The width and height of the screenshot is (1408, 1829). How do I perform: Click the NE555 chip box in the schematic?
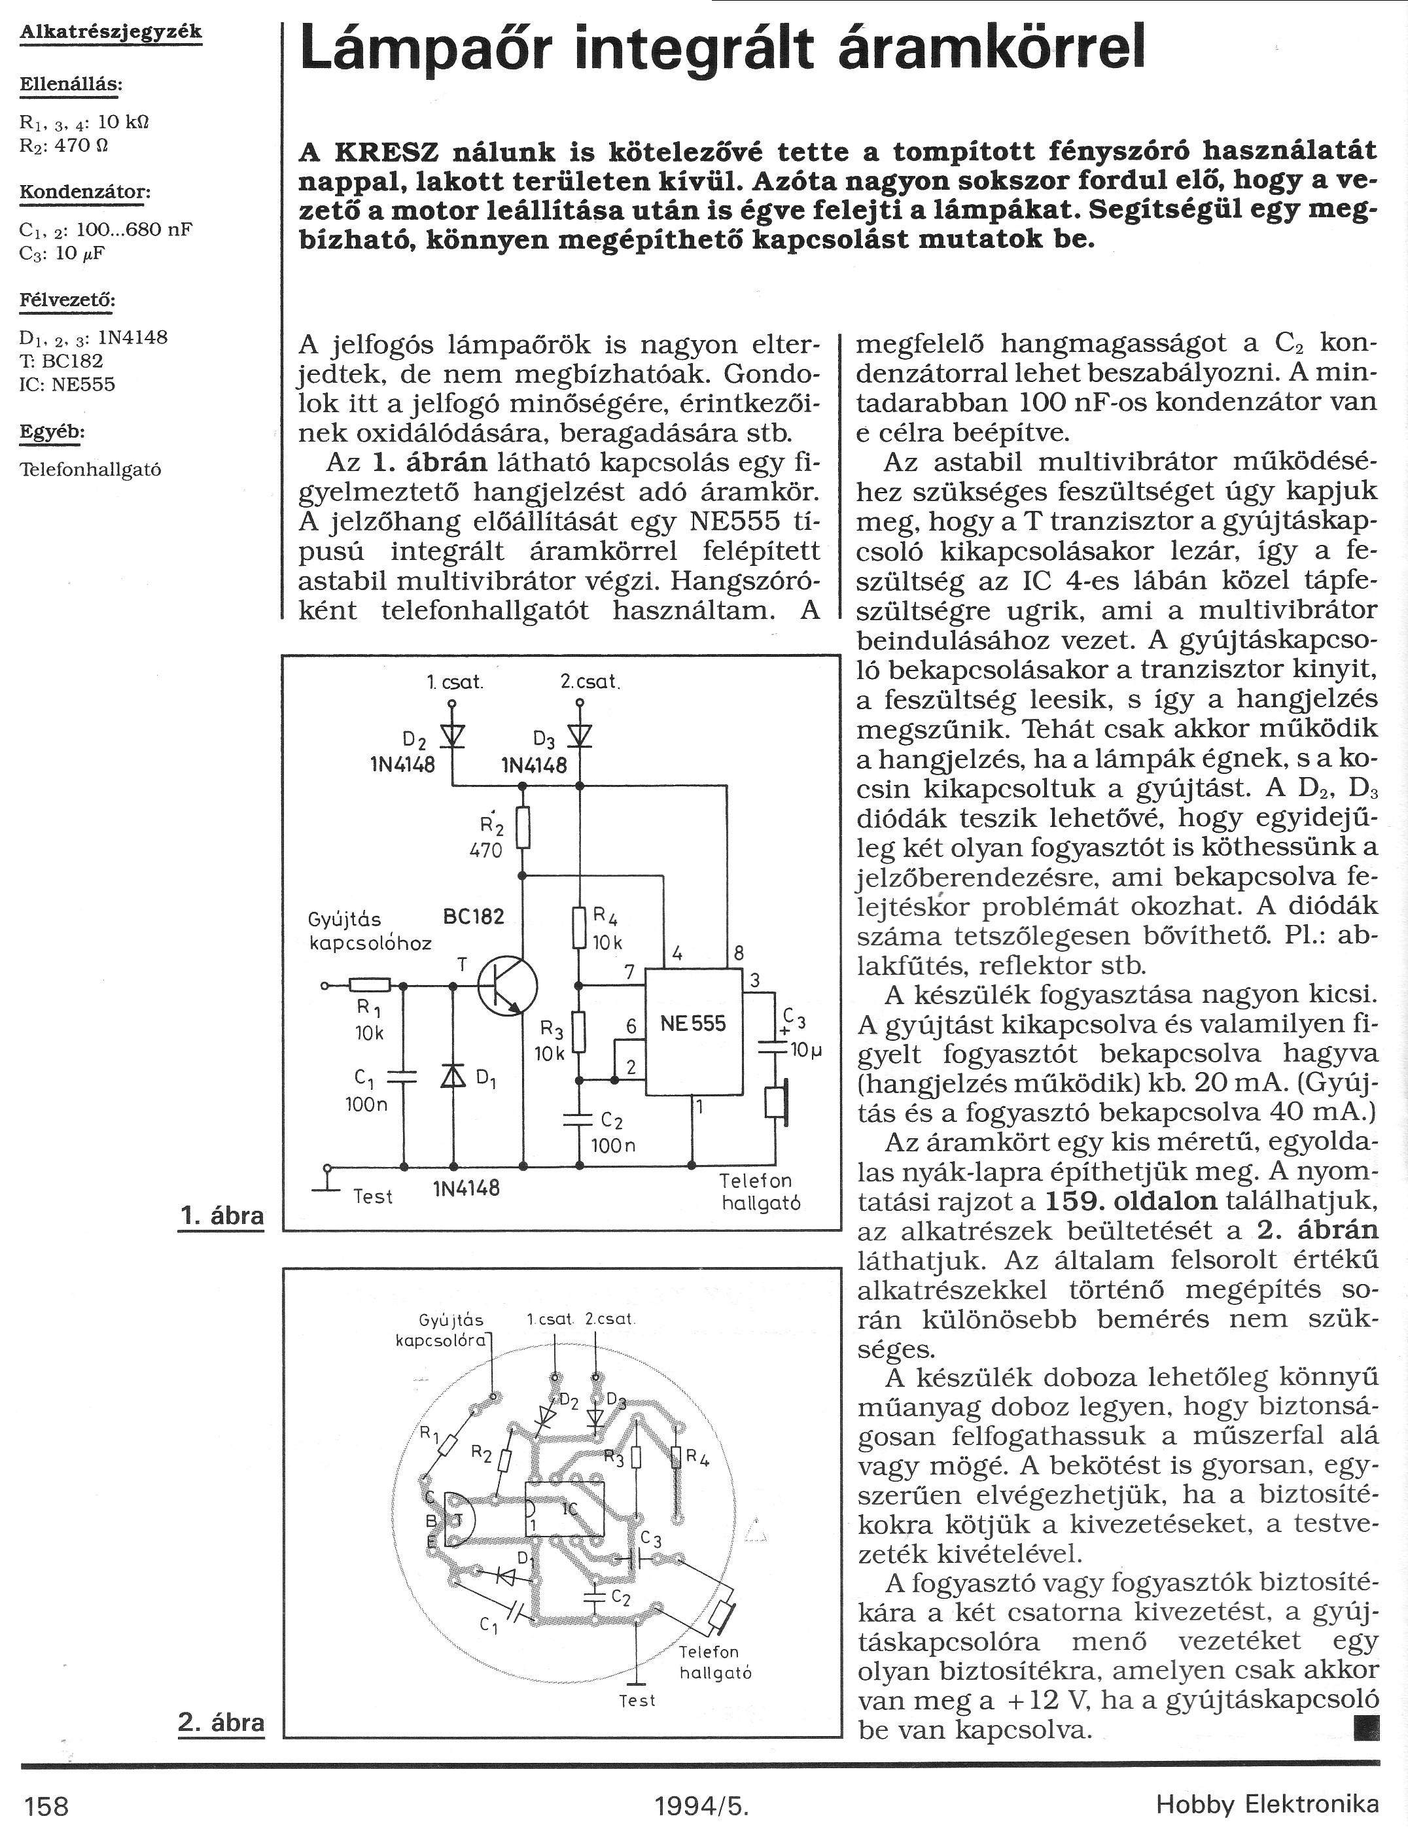(694, 1032)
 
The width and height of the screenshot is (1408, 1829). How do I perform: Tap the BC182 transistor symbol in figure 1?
(507, 987)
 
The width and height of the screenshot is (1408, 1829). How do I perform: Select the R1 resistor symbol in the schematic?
(370, 986)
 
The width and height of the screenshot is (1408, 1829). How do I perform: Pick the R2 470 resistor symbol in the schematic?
(523, 827)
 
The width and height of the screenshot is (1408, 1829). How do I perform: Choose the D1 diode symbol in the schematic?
(453, 1077)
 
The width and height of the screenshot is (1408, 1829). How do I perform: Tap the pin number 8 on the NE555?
(739, 952)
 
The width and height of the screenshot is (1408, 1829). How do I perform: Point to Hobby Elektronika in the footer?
(1267, 1805)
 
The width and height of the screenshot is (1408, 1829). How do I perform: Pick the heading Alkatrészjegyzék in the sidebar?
(111, 32)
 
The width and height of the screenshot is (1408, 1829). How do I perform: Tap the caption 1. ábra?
(222, 1215)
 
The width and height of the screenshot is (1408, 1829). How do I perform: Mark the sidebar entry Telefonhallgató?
(90, 469)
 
